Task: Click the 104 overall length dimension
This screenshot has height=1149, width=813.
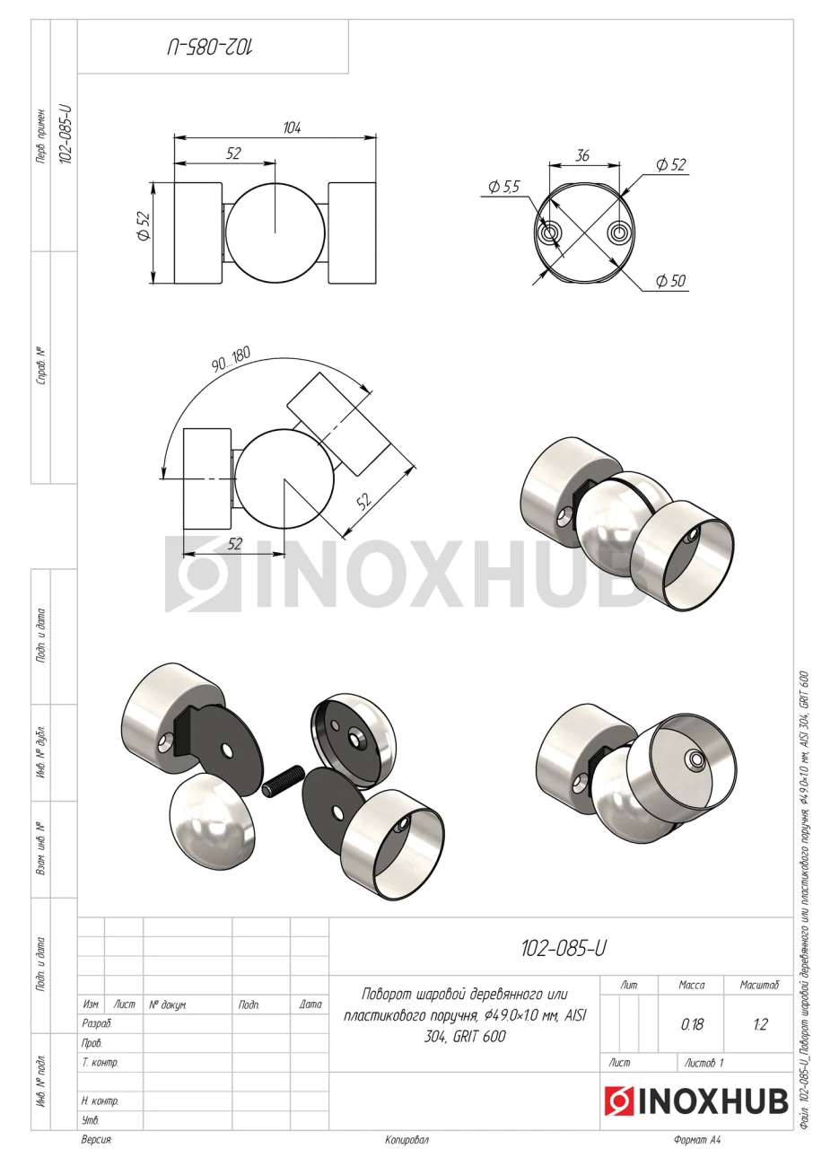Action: pyautogui.click(x=292, y=127)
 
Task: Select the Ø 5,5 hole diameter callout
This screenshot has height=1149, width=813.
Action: pyautogui.click(x=504, y=187)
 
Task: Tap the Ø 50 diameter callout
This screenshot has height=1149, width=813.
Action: pyautogui.click(x=670, y=281)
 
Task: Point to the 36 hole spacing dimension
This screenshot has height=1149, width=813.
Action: pyautogui.click(x=582, y=155)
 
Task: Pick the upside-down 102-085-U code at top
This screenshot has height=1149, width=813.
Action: pyautogui.click(x=211, y=48)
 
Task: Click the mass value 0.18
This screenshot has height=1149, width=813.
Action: pyautogui.click(x=692, y=1024)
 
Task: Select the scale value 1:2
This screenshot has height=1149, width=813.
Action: pyautogui.click(x=760, y=1024)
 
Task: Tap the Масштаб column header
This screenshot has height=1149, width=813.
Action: pyautogui.click(x=759, y=985)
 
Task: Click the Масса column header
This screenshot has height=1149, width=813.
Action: pyautogui.click(x=692, y=985)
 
